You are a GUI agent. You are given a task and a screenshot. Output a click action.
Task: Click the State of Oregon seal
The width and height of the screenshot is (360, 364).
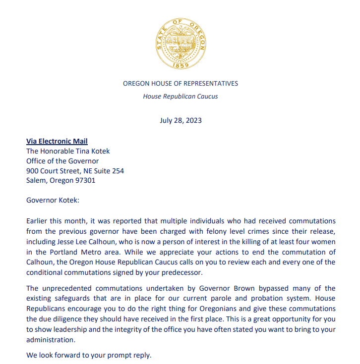click(x=180, y=42)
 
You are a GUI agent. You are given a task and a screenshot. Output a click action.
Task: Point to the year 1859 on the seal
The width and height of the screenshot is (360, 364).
click(x=180, y=65)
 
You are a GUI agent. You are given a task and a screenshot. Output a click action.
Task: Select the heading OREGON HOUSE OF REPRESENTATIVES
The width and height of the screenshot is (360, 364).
click(x=180, y=84)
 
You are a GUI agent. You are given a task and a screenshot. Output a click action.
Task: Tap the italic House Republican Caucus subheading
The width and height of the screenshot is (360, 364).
click(x=180, y=96)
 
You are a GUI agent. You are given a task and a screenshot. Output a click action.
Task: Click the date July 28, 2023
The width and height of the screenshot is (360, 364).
click(x=180, y=120)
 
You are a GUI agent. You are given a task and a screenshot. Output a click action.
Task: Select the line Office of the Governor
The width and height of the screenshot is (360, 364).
click(x=62, y=161)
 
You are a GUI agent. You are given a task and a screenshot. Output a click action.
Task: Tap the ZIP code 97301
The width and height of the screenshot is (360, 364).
click(x=85, y=180)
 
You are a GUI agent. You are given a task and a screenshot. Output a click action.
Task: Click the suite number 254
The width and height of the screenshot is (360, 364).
click(x=118, y=171)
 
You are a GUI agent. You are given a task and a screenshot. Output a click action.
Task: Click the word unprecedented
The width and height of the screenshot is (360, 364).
click(x=67, y=288)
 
